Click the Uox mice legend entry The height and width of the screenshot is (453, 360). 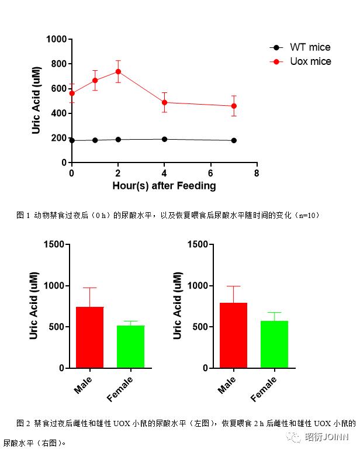pyautogui.click(x=310, y=61)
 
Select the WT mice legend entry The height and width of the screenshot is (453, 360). pyautogui.click(x=310, y=47)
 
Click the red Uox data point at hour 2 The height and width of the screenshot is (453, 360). pyautogui.click(x=118, y=71)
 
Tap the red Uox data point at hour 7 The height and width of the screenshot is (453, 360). pyautogui.click(x=234, y=106)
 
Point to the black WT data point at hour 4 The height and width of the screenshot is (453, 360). pyautogui.click(x=164, y=139)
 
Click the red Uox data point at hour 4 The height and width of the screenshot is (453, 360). pyautogui.click(x=164, y=102)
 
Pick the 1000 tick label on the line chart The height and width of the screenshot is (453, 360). pyautogui.click(x=57, y=39)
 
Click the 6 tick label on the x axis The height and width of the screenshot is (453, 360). pyautogui.click(x=210, y=174)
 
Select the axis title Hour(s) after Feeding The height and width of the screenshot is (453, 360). pyautogui.click(x=164, y=186)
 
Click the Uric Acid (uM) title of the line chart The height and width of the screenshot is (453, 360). pyautogui.click(x=36, y=101)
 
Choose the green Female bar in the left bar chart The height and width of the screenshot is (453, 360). pyautogui.click(x=130, y=347)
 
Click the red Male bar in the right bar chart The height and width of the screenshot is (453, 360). pyautogui.click(x=234, y=336)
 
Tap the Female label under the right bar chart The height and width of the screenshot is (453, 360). pyautogui.click(x=264, y=389)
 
